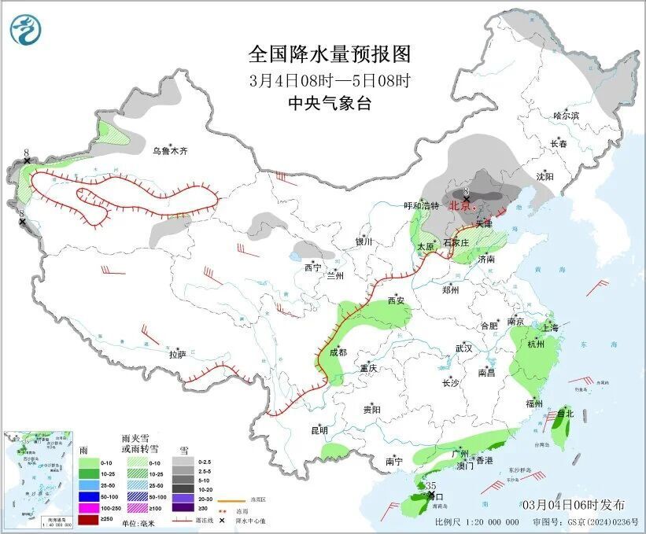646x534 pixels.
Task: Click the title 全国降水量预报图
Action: coord(330,54)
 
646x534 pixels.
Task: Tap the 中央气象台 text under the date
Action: coord(329,104)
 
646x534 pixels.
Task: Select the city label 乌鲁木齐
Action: coord(171,150)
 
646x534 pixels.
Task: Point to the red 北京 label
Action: coord(459,206)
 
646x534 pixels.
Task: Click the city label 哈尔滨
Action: coord(565,116)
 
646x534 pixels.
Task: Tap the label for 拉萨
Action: coord(178,354)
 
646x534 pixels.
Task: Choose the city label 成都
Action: coord(337,353)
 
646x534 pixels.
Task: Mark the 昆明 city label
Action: coord(319,429)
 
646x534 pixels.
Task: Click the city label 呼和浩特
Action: coord(422,206)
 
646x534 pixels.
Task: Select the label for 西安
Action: coord(396,300)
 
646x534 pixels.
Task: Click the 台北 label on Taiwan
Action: coord(566,413)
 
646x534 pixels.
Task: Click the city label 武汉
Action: coord(463,348)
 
